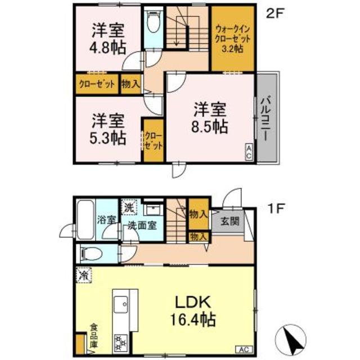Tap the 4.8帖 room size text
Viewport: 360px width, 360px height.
tap(107, 47)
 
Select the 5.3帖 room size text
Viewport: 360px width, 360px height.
tap(107, 138)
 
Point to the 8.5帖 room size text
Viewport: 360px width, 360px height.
tap(210, 127)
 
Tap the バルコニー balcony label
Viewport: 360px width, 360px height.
tap(266, 119)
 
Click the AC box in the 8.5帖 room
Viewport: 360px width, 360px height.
tap(249, 151)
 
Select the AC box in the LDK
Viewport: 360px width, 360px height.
tap(244, 350)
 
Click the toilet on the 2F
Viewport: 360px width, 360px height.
tap(154, 22)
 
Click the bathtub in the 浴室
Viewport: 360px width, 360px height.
tap(85, 220)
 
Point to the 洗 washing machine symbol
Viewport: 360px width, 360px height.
tap(129, 207)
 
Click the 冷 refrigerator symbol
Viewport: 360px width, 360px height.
tap(84, 275)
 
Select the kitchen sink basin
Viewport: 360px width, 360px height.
tap(121, 304)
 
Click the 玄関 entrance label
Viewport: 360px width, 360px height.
tap(230, 221)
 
